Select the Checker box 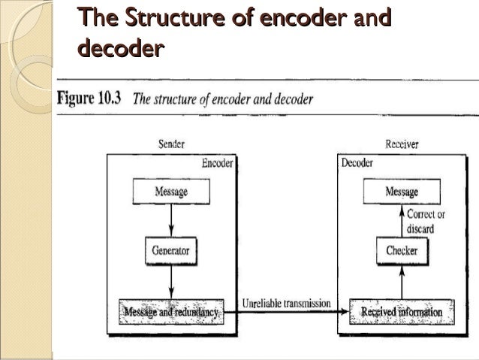pyautogui.click(x=402, y=250)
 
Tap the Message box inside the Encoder pyautogui.click(x=171, y=192)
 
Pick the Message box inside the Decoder pyautogui.click(x=402, y=192)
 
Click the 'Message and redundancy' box pyautogui.click(x=170, y=310)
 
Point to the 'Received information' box pyautogui.click(x=402, y=310)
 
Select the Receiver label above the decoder pyautogui.click(x=402, y=144)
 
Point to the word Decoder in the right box pyautogui.click(x=357, y=163)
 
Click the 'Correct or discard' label pyautogui.click(x=426, y=220)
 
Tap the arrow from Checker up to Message pyautogui.click(x=402, y=222)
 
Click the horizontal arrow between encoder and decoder pyautogui.click(x=287, y=312)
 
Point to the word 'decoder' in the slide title pyautogui.click(x=119, y=50)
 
